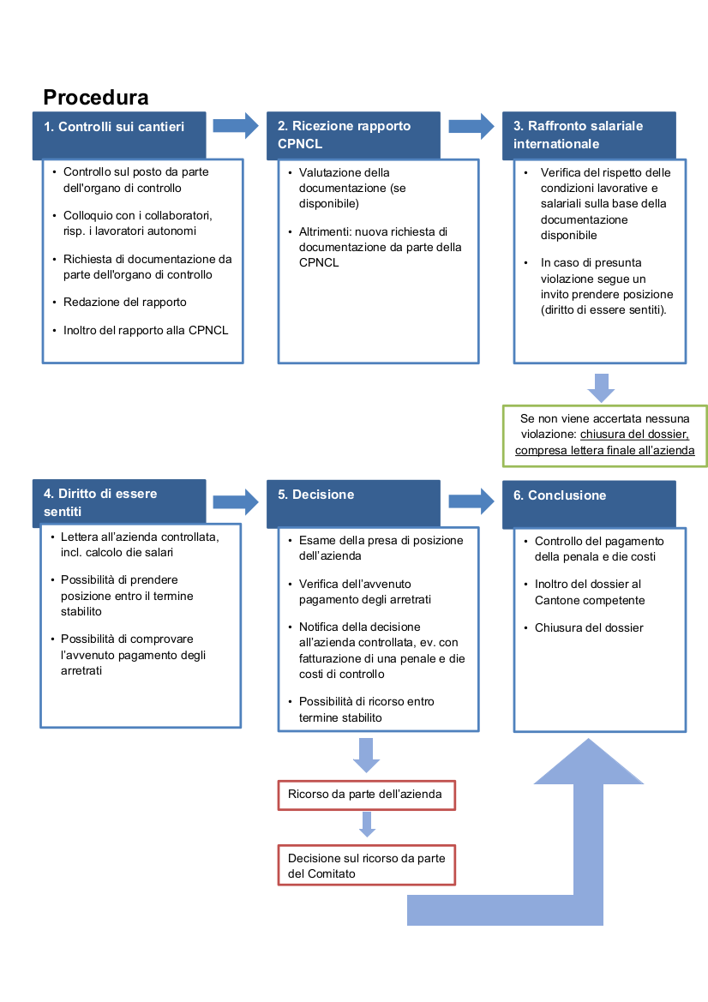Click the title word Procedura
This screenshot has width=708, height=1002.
[95, 97]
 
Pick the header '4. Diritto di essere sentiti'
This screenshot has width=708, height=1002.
[119, 502]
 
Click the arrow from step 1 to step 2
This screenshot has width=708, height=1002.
[236, 126]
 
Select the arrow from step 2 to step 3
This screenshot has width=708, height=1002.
[471, 126]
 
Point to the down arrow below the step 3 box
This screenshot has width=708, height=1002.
[601, 387]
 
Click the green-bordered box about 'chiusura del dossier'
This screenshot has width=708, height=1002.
[604, 435]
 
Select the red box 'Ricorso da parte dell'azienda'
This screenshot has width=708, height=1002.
[366, 795]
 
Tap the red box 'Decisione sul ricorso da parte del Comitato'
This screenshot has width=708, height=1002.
[366, 865]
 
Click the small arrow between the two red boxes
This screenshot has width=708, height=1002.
[367, 824]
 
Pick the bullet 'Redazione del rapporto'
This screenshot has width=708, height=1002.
[125, 302]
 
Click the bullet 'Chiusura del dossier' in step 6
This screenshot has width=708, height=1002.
[588, 627]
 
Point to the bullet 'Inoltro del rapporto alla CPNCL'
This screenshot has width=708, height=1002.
[146, 330]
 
